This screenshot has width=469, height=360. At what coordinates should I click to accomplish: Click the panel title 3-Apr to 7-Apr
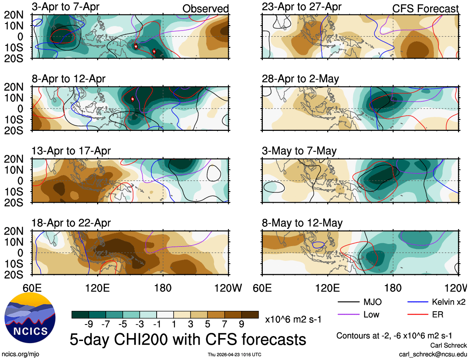click(x=67, y=7)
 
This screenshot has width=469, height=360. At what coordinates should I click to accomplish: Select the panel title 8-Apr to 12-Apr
click(x=69, y=79)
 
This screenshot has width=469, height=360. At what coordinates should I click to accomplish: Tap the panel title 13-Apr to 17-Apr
click(x=71, y=151)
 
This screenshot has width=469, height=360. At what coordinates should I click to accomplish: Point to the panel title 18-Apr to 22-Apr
click(x=71, y=223)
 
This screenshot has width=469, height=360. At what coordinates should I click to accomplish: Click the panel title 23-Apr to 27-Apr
click(x=302, y=7)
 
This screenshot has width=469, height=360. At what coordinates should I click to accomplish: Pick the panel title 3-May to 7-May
click(x=299, y=151)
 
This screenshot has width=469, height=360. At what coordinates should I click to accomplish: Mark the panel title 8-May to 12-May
click(x=302, y=223)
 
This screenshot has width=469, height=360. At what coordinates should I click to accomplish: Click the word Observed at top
click(x=205, y=9)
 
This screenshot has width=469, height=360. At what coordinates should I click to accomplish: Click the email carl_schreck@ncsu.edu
click(x=433, y=354)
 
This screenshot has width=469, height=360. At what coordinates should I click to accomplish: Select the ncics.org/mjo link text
click(x=20, y=354)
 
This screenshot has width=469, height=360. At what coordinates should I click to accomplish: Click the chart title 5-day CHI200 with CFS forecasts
click(x=188, y=339)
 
